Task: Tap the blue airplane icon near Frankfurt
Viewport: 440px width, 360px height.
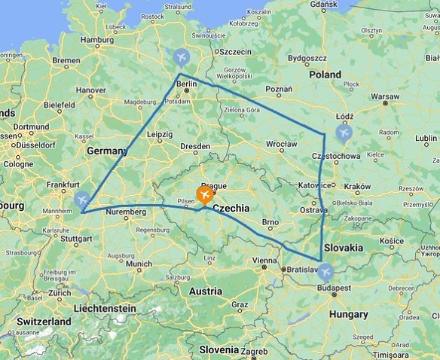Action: [x=83, y=199]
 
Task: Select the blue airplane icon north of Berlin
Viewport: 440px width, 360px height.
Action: [x=181, y=56]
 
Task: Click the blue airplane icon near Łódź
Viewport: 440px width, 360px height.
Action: [x=344, y=133]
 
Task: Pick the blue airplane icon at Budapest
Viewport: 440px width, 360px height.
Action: [x=325, y=272]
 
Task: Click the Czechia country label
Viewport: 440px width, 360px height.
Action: [x=237, y=208]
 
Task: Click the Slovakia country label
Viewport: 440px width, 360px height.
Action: [x=343, y=247]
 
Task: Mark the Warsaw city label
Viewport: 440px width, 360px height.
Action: [x=385, y=96]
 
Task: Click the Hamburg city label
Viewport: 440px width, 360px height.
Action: [x=96, y=40]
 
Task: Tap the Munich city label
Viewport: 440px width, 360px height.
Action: [x=139, y=264]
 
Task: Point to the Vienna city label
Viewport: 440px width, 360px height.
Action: [x=264, y=261]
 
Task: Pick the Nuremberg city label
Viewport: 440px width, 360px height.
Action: [x=125, y=212]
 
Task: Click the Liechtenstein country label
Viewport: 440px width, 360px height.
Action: [x=105, y=308]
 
